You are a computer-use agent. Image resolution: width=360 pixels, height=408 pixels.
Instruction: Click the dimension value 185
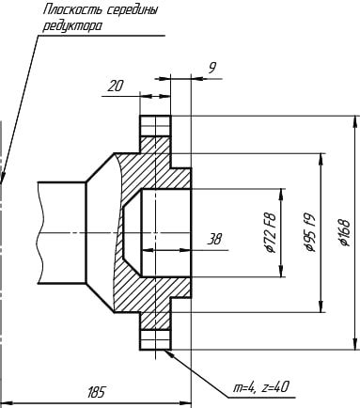point(96,392)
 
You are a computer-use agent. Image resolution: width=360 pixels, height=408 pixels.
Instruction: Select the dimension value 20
point(115,86)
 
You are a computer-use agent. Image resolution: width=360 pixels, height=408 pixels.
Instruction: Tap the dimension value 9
point(212,68)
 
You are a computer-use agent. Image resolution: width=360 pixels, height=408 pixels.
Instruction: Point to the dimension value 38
point(214,240)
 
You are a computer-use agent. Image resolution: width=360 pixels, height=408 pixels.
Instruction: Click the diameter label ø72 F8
point(270,233)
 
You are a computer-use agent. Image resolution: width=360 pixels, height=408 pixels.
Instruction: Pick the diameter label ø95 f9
point(309,233)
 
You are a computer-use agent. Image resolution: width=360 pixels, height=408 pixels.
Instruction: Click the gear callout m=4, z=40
point(260,388)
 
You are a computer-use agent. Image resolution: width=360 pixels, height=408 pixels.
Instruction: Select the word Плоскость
point(72,10)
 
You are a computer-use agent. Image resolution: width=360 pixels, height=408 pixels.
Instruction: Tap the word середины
point(132,10)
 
